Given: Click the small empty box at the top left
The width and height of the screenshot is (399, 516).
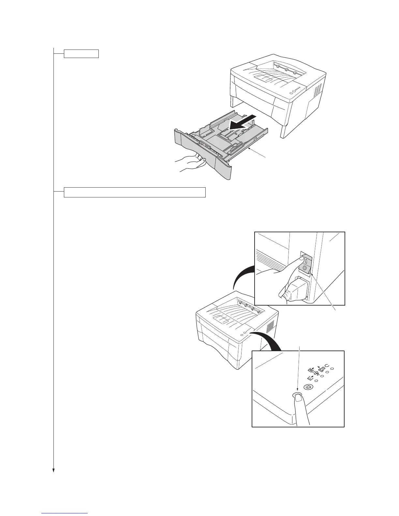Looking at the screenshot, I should click(x=81, y=53).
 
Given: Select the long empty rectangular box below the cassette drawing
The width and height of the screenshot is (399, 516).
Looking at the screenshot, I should click(x=135, y=192).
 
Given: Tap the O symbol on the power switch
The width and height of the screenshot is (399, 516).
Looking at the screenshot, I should click(x=305, y=268).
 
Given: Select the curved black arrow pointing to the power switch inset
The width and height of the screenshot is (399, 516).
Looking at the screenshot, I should click(x=243, y=275).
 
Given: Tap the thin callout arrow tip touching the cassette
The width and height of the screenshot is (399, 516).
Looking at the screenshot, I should click(x=249, y=149).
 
